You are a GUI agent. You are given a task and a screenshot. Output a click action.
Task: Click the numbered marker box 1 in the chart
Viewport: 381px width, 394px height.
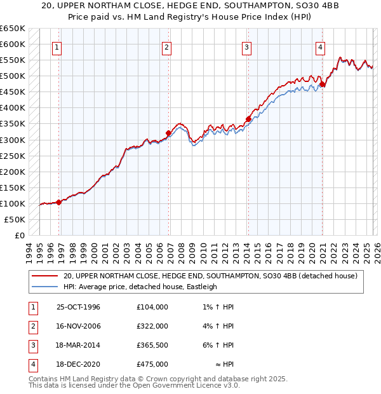tap(57, 47)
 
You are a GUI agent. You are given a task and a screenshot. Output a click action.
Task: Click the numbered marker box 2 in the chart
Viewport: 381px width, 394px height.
tap(166, 47)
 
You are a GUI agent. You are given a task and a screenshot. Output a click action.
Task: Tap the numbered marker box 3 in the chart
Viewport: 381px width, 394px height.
tap(246, 47)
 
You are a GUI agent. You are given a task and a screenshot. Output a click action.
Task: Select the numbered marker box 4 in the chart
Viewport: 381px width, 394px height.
tap(321, 47)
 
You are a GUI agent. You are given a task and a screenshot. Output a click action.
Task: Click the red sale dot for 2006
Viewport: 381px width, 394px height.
tap(169, 133)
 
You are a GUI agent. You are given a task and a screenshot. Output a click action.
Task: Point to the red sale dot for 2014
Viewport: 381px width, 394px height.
tap(248, 119)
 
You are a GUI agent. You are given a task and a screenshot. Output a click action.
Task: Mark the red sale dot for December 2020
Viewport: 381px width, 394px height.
tap(323, 84)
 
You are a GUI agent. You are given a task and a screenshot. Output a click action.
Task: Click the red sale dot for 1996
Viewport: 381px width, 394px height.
tap(59, 202)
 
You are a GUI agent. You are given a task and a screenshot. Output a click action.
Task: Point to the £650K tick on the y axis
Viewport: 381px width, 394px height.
tap(13, 29)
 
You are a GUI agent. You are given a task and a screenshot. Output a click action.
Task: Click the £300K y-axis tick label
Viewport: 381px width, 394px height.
tap(13, 140)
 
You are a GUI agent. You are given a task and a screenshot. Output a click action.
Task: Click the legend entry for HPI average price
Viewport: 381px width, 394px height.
tap(140, 287)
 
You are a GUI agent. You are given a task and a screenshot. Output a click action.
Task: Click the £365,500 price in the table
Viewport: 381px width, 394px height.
tap(152, 346)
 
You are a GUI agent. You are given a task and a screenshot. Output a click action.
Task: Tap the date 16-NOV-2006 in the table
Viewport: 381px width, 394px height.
tap(79, 327)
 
